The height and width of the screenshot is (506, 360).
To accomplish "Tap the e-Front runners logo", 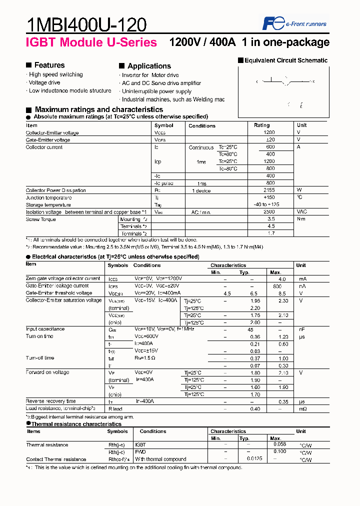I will [294, 23].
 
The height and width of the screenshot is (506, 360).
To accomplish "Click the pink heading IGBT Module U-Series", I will [91, 42].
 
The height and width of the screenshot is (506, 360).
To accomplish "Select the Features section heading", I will [49, 65].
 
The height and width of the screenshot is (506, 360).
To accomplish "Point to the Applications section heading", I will [149, 66].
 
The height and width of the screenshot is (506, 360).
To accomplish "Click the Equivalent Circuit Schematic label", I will [285, 60].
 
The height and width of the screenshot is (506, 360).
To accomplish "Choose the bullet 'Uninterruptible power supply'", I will [156, 91].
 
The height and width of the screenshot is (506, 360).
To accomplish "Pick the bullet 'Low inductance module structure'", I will [70, 91].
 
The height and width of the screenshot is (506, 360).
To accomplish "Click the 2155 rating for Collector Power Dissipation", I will [269, 190].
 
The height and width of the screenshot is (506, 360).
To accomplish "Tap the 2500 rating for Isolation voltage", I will [269, 212].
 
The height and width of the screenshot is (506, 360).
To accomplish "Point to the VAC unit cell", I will [301, 212].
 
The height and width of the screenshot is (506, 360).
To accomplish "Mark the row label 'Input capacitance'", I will [45, 329].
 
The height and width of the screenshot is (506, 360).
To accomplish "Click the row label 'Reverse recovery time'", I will [51, 401].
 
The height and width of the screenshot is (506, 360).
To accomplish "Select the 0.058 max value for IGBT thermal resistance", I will [280, 444].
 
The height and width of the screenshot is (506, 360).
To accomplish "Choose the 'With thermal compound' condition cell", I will [160, 459].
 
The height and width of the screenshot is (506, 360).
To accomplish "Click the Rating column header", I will [261, 125].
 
